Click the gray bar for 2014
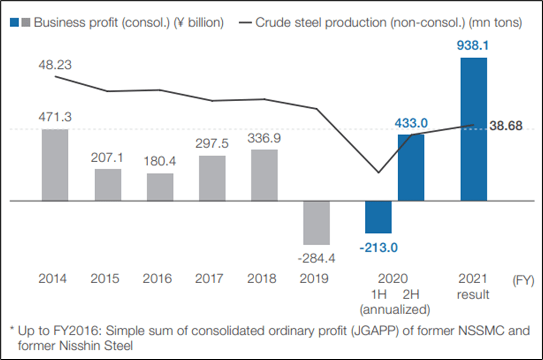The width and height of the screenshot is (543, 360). pyautogui.click(x=55, y=165)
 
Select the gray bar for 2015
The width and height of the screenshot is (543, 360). pyautogui.click(x=107, y=185)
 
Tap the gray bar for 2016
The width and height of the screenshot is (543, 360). pyautogui.click(x=160, y=187)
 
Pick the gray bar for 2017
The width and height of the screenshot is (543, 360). pyautogui.click(x=212, y=178)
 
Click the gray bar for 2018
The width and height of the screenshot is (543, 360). pyautogui.click(x=264, y=175)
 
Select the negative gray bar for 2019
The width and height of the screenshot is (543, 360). pyautogui.click(x=316, y=223)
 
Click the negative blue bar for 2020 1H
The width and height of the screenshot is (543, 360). pyautogui.click(x=378, y=217)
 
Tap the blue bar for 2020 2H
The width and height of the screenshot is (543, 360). pyautogui.click(x=411, y=168)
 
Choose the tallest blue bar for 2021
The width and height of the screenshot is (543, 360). pyautogui.click(x=473, y=129)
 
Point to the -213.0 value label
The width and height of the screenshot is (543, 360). pyautogui.click(x=377, y=247)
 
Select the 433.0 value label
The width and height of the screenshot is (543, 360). pyautogui.click(x=411, y=123)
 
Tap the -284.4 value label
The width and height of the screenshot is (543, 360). pyautogui.click(x=316, y=258)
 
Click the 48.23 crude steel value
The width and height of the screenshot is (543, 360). pyautogui.click(x=55, y=65)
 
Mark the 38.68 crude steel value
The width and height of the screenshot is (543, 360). pyautogui.click(x=506, y=126)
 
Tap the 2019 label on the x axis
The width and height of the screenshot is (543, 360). pyautogui.click(x=316, y=279)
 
